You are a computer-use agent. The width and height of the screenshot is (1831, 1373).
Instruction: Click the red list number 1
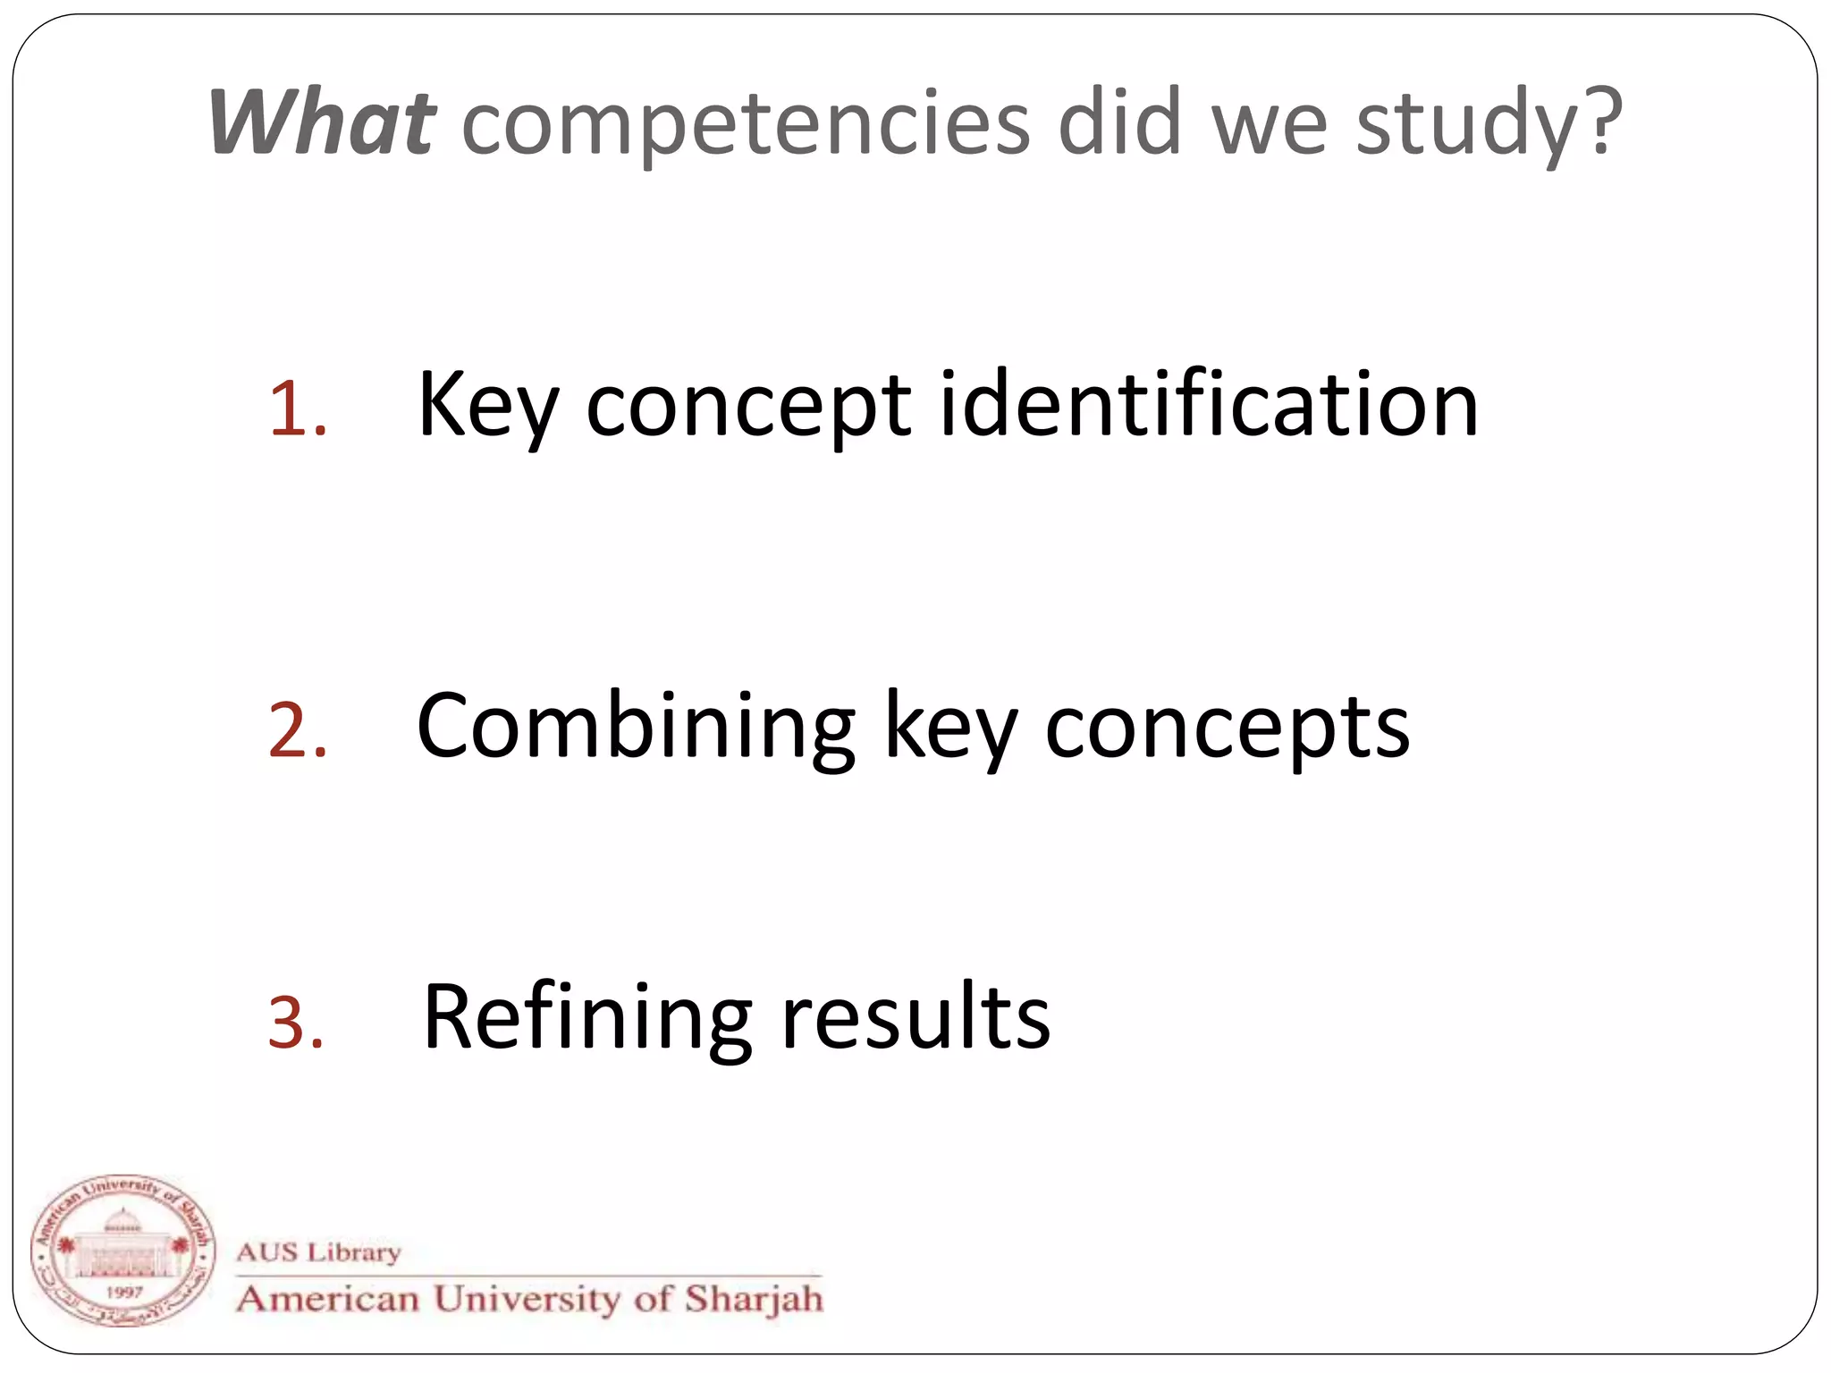click(297, 409)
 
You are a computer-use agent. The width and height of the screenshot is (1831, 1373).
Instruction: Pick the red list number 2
click(297, 730)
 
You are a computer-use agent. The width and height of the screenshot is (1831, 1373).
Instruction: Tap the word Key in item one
click(488, 406)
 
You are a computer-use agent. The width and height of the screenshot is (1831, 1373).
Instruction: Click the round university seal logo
click(122, 1250)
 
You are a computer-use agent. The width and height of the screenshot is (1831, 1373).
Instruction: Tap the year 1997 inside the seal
click(124, 1291)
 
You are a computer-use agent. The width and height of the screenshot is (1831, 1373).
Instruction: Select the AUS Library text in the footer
click(318, 1251)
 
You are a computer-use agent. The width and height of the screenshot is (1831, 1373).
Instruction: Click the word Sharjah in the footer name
click(754, 1298)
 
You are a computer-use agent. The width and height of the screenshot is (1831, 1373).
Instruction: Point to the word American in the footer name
click(328, 1298)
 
